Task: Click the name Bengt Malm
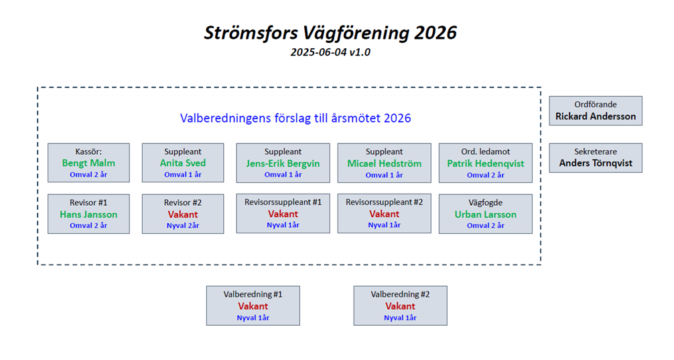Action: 88,163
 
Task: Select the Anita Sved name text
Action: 183,163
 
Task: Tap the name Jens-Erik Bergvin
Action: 283,164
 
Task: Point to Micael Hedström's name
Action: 385,164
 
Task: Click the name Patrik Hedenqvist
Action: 486,164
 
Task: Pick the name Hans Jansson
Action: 88,215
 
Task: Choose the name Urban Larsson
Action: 486,215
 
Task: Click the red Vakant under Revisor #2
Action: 183,215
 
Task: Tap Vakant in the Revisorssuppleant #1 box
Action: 283,214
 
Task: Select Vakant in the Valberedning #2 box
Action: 400,306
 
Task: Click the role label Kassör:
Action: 88,152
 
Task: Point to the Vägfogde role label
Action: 486,202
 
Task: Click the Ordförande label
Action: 596,105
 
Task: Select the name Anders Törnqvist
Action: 596,164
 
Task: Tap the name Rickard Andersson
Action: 596,116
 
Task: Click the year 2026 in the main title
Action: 435,33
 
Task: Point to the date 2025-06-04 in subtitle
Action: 318,52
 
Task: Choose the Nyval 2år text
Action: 183,225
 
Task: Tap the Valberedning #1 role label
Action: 253,294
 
